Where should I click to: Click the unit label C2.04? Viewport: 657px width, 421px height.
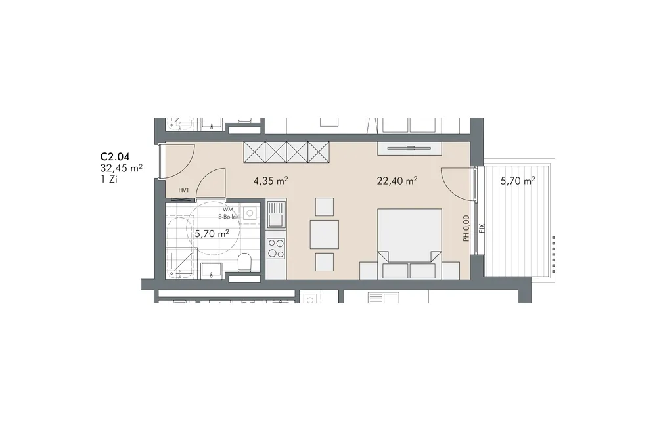tap(115, 157)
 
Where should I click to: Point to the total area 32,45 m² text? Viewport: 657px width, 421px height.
tap(121, 168)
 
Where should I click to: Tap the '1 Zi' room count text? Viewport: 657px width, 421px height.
tap(108, 179)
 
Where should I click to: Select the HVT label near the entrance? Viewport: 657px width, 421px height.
tap(183, 190)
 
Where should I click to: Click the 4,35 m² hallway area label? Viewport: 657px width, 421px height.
tap(271, 181)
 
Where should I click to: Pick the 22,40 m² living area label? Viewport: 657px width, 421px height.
tap(397, 181)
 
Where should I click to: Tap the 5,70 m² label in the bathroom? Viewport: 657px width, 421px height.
tap(212, 233)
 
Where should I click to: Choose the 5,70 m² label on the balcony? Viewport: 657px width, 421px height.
tap(518, 181)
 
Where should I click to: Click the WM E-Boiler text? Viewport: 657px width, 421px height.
tap(228, 213)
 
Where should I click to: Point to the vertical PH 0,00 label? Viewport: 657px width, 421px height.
tap(466, 229)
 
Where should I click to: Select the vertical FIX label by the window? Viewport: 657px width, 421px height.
tap(482, 229)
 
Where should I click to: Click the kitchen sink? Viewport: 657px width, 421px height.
tap(276, 214)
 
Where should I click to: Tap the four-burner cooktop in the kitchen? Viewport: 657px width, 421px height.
tap(276, 248)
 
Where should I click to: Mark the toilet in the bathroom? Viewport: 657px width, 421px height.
tap(244, 263)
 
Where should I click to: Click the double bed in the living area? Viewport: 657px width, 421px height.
tap(410, 244)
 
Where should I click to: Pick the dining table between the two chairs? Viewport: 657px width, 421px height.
tap(325, 234)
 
